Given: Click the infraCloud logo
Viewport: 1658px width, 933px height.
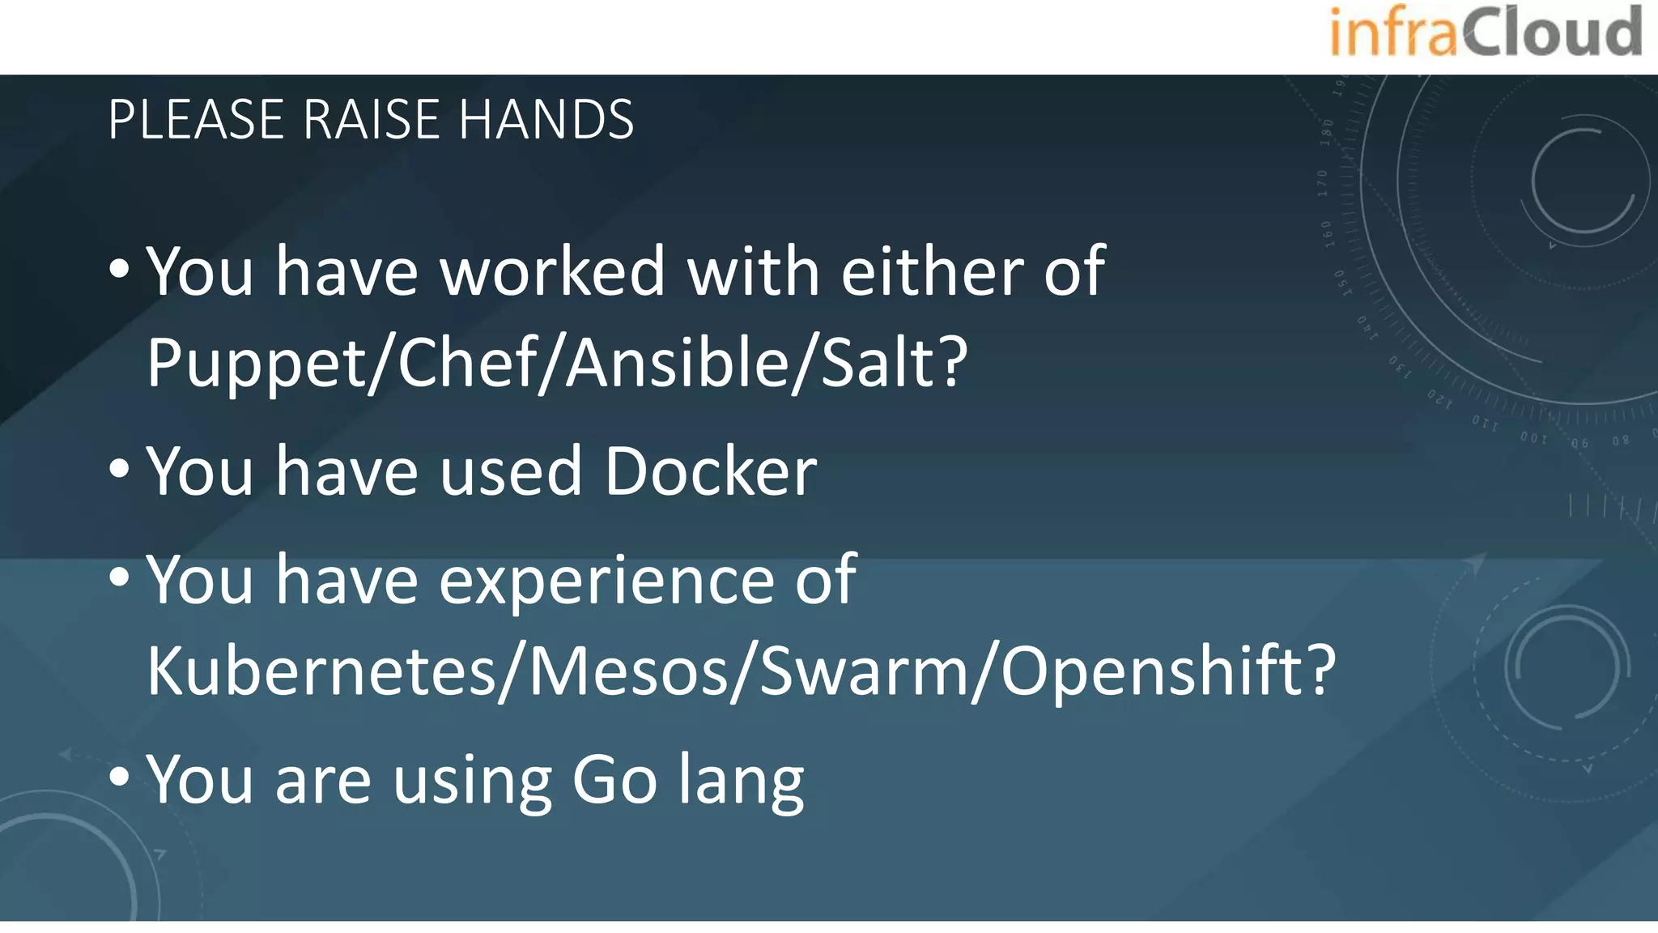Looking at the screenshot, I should point(1485,32).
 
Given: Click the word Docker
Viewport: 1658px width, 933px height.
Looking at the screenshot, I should point(711,471).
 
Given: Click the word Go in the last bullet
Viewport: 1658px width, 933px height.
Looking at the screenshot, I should point(614,780).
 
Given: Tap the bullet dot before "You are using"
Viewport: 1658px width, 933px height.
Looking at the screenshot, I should point(119,777).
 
